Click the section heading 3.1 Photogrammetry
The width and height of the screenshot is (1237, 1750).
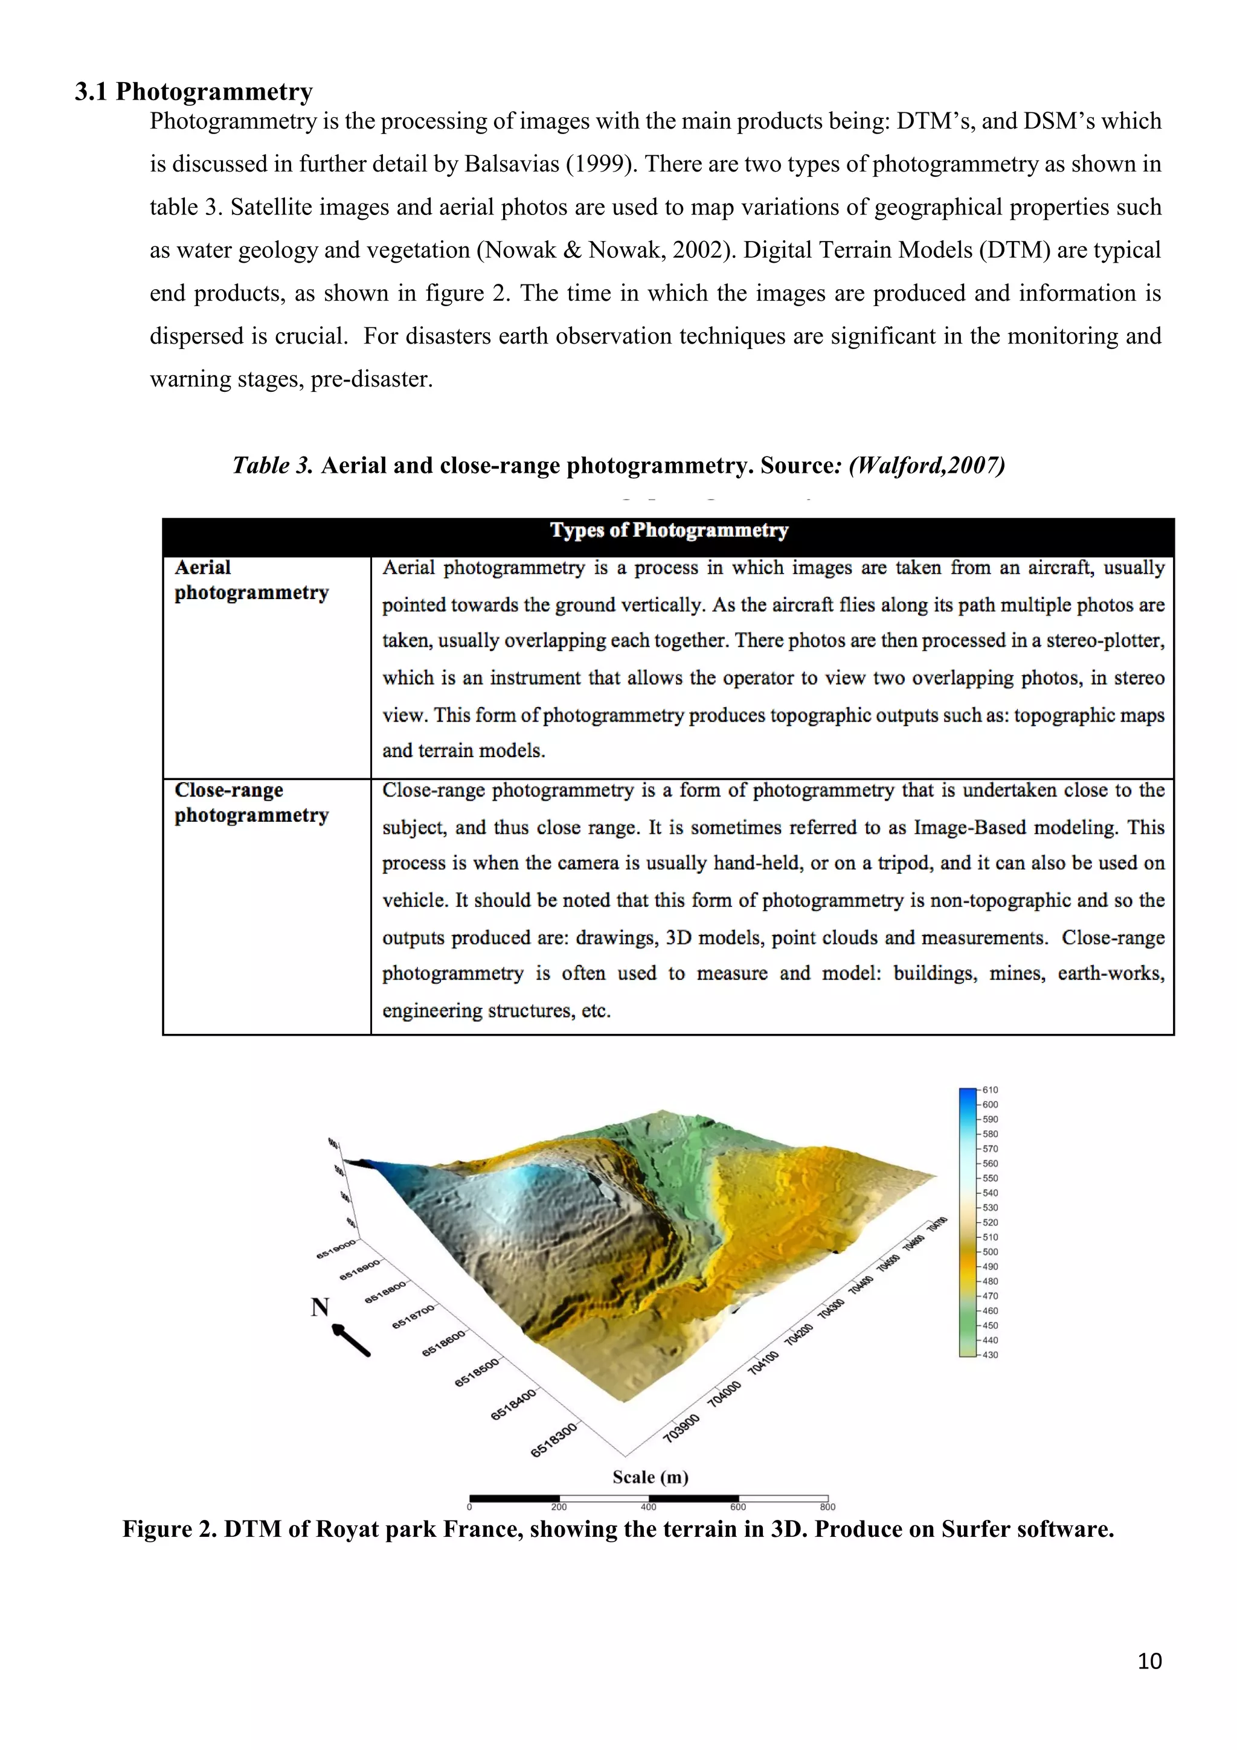point(194,91)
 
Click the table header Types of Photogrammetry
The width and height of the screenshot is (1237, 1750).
point(669,530)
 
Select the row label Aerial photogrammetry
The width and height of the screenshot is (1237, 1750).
point(251,580)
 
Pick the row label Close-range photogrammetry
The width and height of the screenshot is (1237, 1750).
point(251,803)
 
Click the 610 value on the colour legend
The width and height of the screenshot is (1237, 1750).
point(989,1090)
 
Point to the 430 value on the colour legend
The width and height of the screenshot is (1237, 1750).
point(989,1355)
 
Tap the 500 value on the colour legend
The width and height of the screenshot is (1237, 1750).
point(989,1252)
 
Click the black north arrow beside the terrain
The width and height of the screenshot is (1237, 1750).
point(352,1340)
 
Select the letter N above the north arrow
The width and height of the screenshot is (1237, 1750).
point(320,1308)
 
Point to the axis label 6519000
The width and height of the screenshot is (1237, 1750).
point(336,1248)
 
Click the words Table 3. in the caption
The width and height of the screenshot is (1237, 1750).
point(272,465)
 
